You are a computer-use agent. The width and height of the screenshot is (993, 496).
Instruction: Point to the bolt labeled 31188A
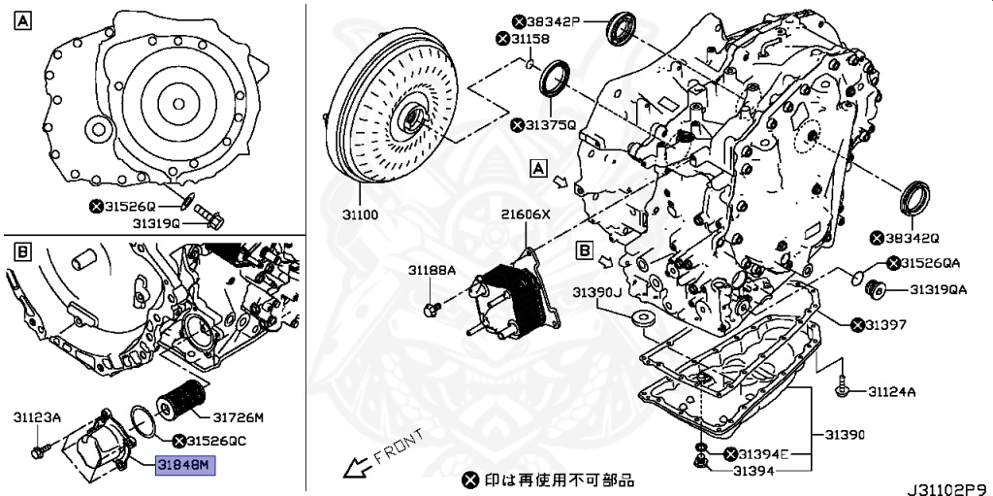coord(432,308)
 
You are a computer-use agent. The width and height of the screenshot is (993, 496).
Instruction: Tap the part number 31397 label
coord(886,324)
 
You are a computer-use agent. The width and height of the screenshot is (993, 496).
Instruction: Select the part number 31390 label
coord(844,434)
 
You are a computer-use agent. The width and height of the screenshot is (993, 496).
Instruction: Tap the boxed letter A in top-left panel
coord(21,20)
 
